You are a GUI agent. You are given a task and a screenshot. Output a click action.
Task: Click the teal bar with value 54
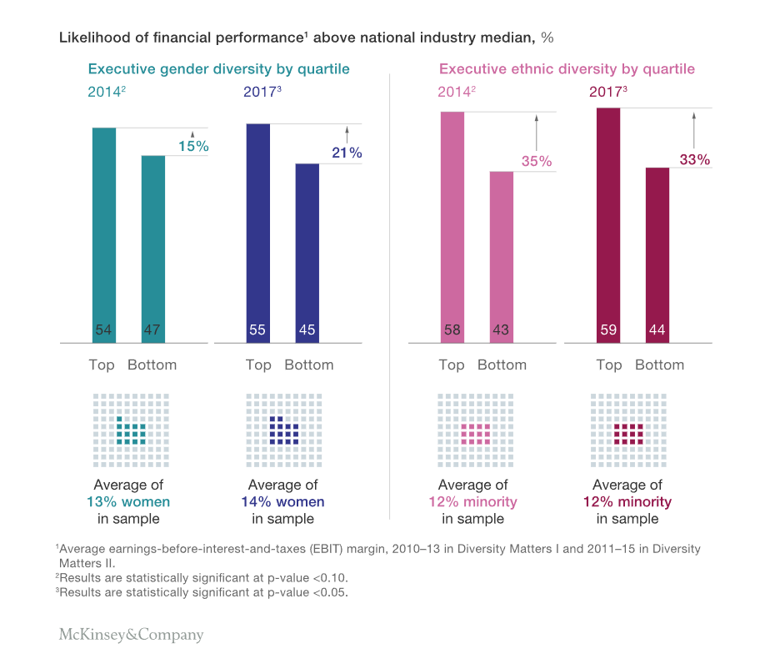(x=104, y=234)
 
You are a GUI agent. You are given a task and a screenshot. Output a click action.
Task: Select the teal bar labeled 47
(x=153, y=249)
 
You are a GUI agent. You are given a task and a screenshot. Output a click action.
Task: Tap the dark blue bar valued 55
(x=258, y=233)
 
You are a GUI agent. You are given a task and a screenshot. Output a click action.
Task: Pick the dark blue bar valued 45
(x=307, y=253)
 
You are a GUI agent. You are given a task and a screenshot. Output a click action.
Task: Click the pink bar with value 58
(x=452, y=226)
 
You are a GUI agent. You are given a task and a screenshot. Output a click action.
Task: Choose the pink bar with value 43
(x=501, y=257)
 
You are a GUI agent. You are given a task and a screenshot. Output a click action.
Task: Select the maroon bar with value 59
(x=608, y=224)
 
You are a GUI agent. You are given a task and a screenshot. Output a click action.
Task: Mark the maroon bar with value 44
(x=657, y=254)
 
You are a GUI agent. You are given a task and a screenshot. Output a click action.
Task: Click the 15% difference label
(x=193, y=147)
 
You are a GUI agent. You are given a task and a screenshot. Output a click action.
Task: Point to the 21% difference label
(x=347, y=153)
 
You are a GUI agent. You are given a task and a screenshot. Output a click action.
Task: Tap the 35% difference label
(x=537, y=162)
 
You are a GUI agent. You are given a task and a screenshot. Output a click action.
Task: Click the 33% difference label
(x=693, y=159)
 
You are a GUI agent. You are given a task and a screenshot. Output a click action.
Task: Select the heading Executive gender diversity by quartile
(x=219, y=69)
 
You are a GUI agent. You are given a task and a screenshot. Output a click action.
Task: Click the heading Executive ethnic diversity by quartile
(x=567, y=69)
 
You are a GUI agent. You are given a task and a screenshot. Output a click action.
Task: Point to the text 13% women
(x=128, y=502)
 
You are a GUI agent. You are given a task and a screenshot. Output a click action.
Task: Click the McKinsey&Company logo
(x=131, y=635)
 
